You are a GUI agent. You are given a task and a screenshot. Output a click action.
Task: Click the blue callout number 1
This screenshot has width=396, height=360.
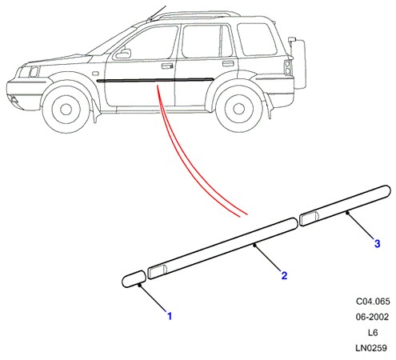[x=170, y=316]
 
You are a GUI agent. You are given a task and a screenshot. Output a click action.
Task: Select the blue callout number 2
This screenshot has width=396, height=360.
[x=284, y=275]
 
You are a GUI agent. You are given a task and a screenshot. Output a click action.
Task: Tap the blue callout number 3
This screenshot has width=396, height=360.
[x=377, y=243]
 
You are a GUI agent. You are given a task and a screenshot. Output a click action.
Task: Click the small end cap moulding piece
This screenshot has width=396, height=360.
[x=134, y=279]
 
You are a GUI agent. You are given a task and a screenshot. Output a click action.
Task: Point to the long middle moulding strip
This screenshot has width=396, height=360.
[x=222, y=249]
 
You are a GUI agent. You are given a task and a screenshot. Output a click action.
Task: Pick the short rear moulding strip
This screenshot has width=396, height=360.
[x=345, y=206]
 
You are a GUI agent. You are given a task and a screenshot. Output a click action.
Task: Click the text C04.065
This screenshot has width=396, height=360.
[x=373, y=302]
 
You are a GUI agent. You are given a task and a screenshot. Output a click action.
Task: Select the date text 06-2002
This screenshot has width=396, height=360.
[x=372, y=317]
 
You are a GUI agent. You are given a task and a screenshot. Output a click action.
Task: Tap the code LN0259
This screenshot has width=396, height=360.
[x=371, y=348]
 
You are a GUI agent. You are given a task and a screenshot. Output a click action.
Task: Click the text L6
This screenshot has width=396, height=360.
[x=373, y=333]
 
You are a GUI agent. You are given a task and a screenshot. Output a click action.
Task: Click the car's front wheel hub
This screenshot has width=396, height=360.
[x=66, y=109]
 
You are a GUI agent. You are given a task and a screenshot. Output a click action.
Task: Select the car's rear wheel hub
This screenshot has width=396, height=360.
[x=238, y=108]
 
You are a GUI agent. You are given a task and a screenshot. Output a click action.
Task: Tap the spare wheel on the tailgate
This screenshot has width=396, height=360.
[x=300, y=63]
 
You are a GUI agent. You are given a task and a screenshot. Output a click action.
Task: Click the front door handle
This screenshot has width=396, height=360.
[x=167, y=66]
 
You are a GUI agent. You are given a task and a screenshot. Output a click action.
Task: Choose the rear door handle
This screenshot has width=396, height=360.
[x=228, y=63]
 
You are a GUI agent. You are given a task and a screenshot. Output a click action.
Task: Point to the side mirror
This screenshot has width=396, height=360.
[x=123, y=54]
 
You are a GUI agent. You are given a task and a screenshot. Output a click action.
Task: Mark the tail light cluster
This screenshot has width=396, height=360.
[x=288, y=68]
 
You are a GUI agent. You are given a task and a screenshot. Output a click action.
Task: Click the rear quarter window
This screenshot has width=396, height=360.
[x=257, y=39]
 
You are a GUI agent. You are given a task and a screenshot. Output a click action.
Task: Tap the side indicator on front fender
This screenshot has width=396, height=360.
[x=95, y=73]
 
